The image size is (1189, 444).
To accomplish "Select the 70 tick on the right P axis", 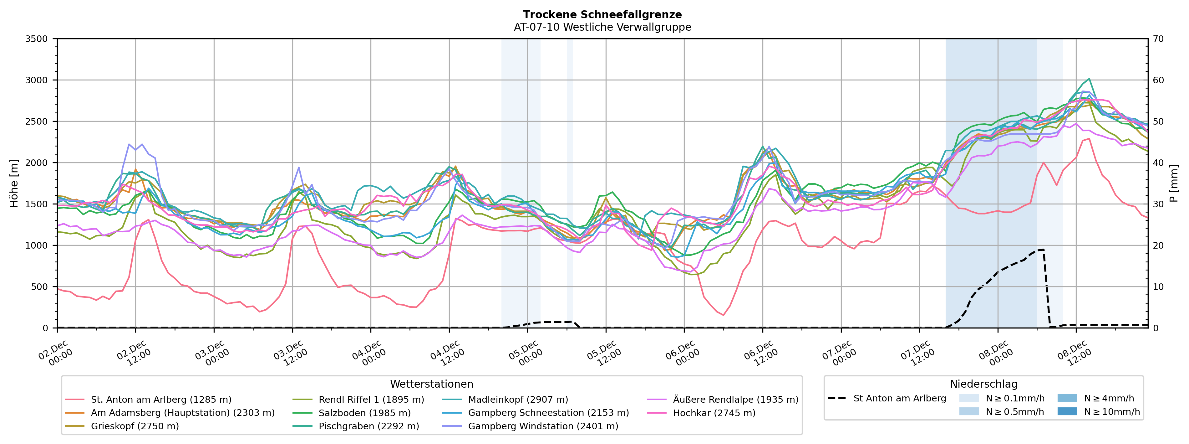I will (1158, 39).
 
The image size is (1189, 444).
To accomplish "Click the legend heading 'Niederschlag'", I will (983, 384).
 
